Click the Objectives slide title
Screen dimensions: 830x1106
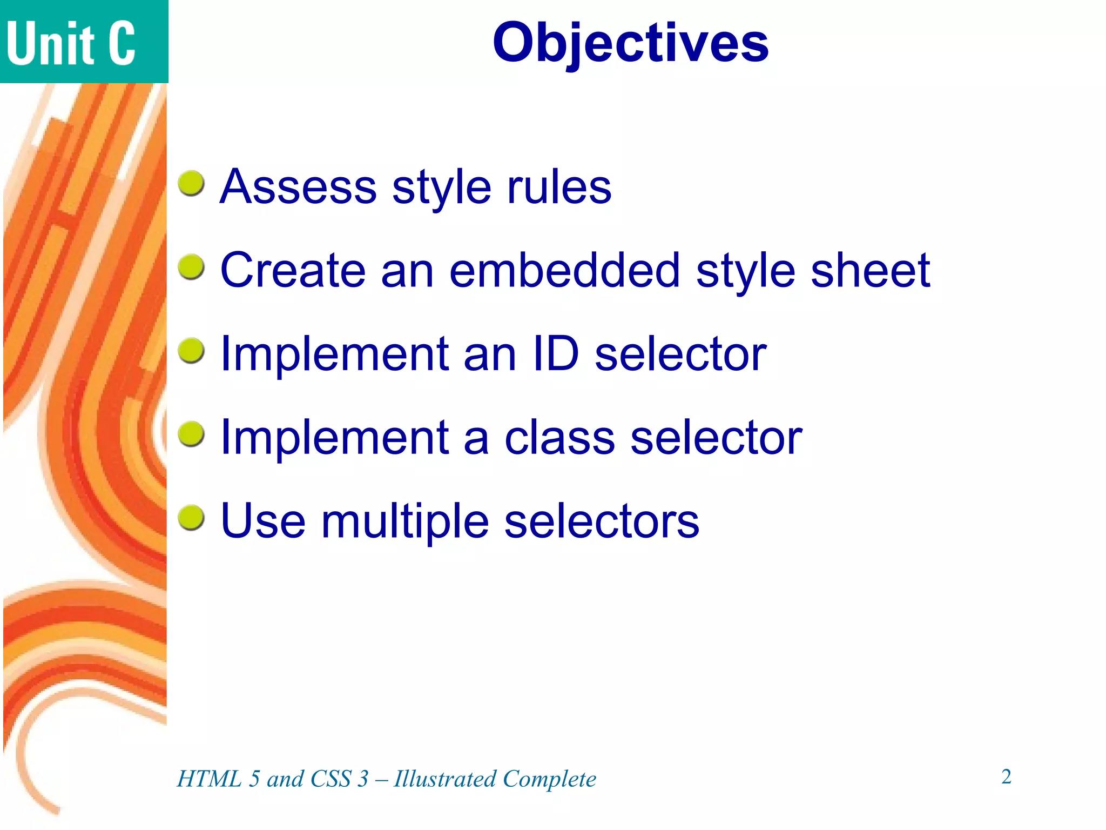(630, 43)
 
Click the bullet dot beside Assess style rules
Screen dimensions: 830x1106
(191, 184)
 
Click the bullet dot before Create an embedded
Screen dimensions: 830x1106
(191, 267)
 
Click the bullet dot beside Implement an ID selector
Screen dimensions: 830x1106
(191, 351)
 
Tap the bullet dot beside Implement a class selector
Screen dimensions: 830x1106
(191, 435)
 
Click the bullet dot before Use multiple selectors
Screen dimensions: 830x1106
(191, 518)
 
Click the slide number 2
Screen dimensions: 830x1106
(1006, 777)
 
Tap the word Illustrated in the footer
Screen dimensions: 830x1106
(445, 779)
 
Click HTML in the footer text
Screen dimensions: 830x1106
(210, 779)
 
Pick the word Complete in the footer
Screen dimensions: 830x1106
(549, 779)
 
